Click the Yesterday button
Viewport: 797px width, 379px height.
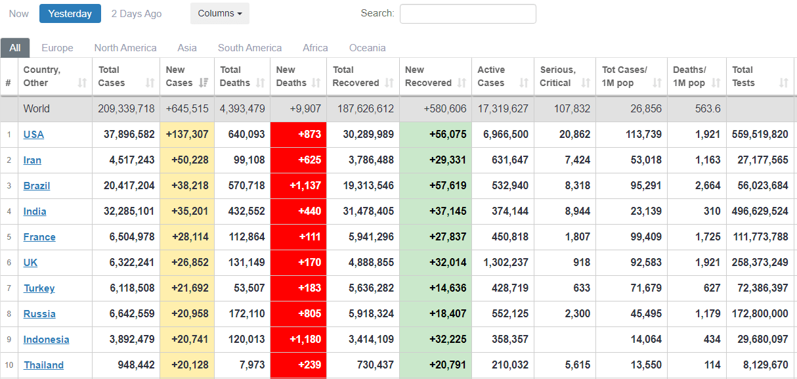pyautogui.click(x=70, y=14)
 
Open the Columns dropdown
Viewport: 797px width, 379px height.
pyautogui.click(x=219, y=14)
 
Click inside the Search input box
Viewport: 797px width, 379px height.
pyautogui.click(x=467, y=14)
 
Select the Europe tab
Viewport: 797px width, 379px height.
pyautogui.click(x=57, y=48)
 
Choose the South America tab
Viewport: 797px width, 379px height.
pyautogui.click(x=249, y=48)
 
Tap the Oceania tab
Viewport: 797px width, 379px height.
pyautogui.click(x=367, y=48)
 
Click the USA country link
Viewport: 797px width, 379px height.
pyautogui.click(x=33, y=135)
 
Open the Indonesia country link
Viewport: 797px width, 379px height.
pyautogui.click(x=46, y=340)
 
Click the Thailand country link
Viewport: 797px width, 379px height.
pyautogui.click(x=43, y=365)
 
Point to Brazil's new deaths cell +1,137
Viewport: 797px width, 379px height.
pyautogui.click(x=305, y=186)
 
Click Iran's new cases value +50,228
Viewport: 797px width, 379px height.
pyautogui.click(x=187, y=160)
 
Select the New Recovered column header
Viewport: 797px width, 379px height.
pyautogui.click(x=428, y=76)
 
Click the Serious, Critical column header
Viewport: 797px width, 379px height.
pyautogui.click(x=557, y=76)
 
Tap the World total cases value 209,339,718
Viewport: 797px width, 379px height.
pyautogui.click(x=126, y=109)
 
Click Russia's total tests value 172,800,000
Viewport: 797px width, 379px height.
pyautogui.click(x=760, y=314)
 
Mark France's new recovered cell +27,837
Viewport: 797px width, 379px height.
pyautogui.click(x=448, y=237)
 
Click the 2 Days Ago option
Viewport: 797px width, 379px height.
pyautogui.click(x=137, y=14)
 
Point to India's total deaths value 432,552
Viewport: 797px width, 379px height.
pyautogui.click(x=242, y=212)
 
